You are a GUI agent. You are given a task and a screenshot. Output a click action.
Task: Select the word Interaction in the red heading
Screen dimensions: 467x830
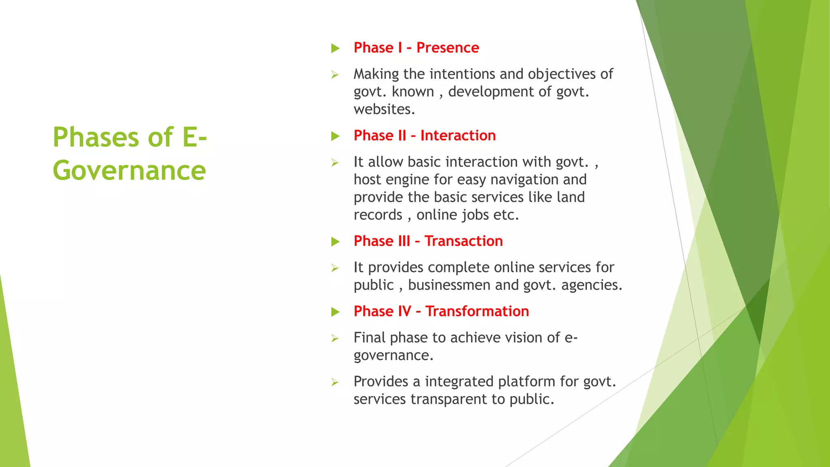point(458,135)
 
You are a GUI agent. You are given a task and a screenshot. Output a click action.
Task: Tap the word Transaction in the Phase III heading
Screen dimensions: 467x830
point(464,241)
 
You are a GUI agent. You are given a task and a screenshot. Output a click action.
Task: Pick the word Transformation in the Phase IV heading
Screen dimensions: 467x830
point(477,311)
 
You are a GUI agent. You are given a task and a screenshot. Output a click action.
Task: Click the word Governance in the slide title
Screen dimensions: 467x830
point(129,171)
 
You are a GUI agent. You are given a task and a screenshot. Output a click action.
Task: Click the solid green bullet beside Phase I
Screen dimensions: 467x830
point(335,49)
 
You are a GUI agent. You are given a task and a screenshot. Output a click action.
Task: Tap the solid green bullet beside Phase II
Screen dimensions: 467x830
point(335,136)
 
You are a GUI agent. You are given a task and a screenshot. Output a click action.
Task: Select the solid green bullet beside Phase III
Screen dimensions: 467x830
point(335,242)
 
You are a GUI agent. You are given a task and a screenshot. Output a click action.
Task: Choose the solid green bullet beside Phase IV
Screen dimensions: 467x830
point(335,312)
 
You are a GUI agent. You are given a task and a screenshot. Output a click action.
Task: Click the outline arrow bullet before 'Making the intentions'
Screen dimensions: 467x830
point(335,75)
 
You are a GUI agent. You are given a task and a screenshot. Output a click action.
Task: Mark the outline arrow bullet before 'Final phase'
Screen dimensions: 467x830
point(335,338)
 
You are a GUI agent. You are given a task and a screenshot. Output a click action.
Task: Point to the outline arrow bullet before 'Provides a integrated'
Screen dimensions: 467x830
point(335,382)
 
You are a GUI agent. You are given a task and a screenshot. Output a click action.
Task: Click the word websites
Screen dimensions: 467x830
point(384,109)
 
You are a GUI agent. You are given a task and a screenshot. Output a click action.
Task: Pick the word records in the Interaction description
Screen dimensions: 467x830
point(378,215)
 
